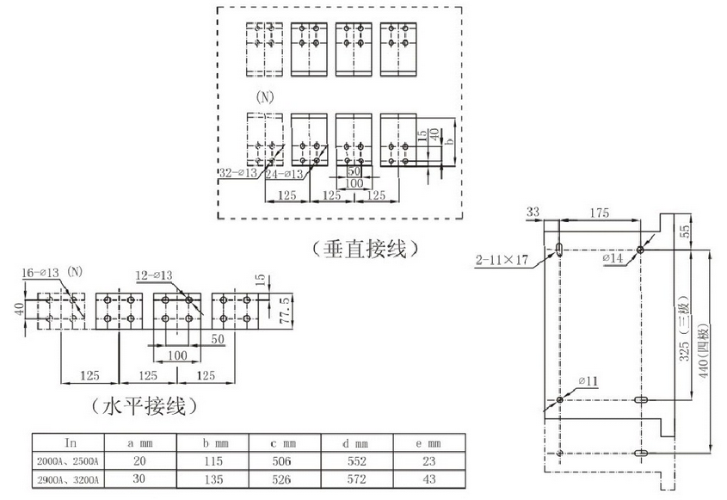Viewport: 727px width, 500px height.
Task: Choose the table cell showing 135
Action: (x=212, y=478)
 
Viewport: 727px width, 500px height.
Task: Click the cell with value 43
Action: (x=428, y=478)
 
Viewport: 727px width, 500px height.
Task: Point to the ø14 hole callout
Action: (x=612, y=257)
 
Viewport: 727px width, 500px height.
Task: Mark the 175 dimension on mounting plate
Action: (x=599, y=211)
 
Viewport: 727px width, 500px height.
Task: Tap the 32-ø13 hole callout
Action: (x=237, y=172)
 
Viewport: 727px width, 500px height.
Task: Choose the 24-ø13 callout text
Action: (x=283, y=173)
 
